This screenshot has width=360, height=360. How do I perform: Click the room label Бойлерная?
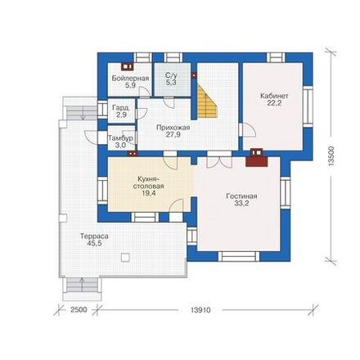click(x=130, y=79)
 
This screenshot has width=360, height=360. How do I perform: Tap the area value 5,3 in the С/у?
click(x=171, y=83)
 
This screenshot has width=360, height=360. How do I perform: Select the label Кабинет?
click(x=274, y=96)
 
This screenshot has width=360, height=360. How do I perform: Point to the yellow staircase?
click(x=207, y=101)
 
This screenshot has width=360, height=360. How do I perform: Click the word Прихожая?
click(x=173, y=128)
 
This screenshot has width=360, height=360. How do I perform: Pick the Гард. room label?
click(x=121, y=108)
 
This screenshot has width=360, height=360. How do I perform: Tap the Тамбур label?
click(x=121, y=138)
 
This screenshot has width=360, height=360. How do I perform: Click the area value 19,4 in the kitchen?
click(x=147, y=193)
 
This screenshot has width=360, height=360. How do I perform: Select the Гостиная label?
click(x=241, y=196)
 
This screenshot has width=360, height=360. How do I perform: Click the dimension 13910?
click(x=200, y=310)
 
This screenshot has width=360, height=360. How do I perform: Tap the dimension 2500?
click(x=79, y=310)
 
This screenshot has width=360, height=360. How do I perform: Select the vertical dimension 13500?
click(x=331, y=156)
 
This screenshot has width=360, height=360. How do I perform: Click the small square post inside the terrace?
click(x=125, y=258)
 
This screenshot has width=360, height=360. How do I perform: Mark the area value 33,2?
click(x=241, y=203)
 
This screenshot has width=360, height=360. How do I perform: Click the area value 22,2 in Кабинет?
click(x=274, y=103)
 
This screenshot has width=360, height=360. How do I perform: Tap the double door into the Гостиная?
click(x=219, y=161)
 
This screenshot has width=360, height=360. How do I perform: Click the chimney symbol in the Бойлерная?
click(x=127, y=66)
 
